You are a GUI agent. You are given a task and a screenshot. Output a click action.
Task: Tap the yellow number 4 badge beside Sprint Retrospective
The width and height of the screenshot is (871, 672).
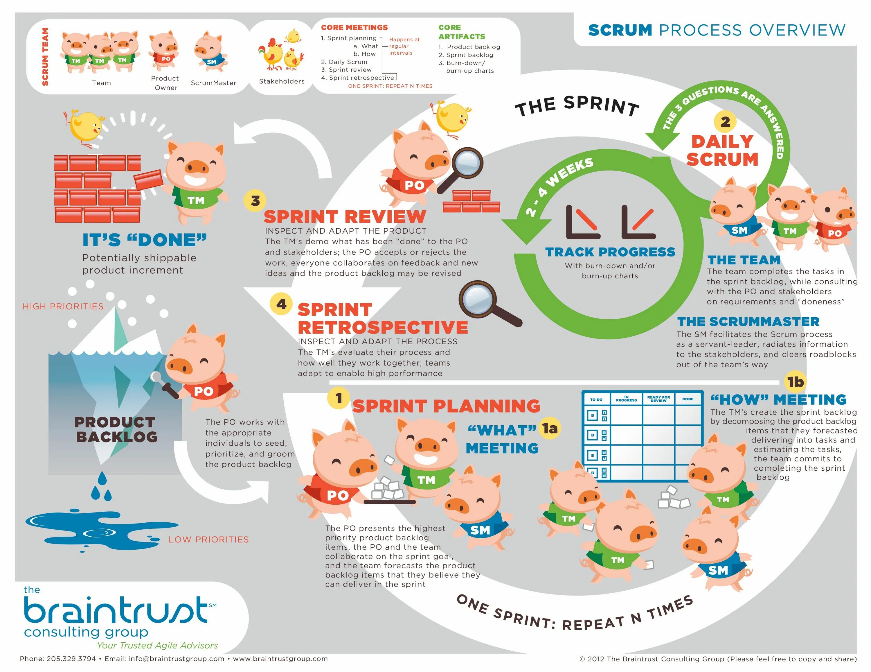(x=281, y=304)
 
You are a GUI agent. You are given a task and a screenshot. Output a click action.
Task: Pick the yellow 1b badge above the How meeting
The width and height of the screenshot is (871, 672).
(x=795, y=382)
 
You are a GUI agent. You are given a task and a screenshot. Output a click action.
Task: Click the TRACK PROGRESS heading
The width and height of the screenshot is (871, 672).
(x=610, y=252)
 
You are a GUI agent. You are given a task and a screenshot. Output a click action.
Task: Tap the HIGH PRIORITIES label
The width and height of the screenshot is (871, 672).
(x=63, y=307)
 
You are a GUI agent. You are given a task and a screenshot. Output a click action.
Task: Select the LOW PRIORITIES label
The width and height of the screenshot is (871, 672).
(x=208, y=540)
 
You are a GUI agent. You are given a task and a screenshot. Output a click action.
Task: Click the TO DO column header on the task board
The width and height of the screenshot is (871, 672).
(x=596, y=399)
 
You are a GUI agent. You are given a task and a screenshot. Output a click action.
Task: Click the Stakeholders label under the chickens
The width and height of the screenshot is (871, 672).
(x=282, y=81)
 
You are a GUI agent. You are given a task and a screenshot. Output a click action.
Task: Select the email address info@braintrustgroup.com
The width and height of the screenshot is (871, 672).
(x=176, y=659)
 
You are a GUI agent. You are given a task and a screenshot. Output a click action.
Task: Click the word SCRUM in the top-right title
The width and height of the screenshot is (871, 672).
(x=620, y=30)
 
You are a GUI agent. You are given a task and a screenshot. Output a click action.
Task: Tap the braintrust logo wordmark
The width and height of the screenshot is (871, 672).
(x=116, y=610)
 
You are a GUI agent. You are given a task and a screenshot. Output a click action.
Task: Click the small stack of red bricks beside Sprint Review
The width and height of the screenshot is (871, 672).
(x=472, y=202)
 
